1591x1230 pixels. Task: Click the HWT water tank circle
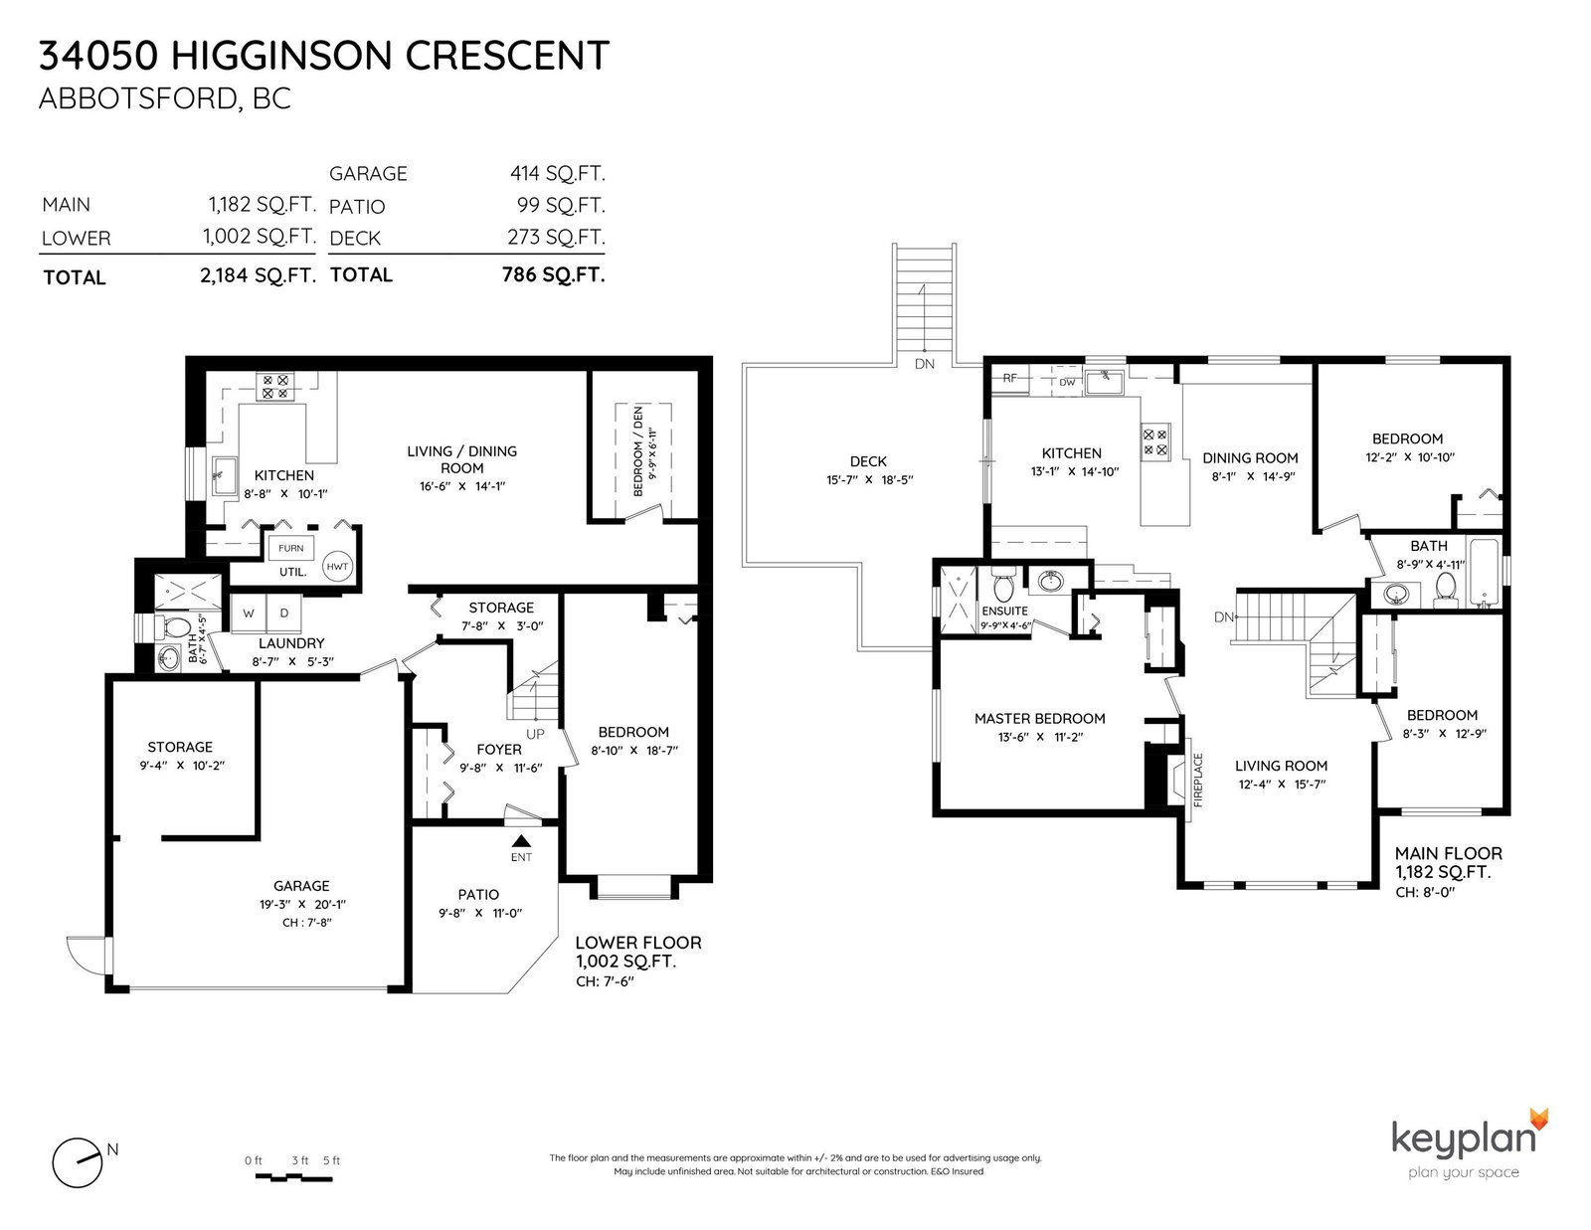[x=337, y=566]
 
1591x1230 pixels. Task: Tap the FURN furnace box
[x=290, y=548]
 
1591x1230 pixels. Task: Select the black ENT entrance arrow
[x=521, y=841]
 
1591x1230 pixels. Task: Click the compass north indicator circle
[x=77, y=1163]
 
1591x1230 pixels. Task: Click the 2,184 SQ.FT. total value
[x=258, y=275]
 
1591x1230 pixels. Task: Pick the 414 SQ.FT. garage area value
[x=558, y=174]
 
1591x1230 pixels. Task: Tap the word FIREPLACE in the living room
[x=1198, y=780]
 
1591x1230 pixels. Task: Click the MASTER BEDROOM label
[x=1040, y=718]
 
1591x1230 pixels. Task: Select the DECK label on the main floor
[x=868, y=461]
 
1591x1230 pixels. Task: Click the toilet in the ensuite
[x=1002, y=584]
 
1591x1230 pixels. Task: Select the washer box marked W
[x=249, y=614]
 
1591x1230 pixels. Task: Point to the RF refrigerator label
[x=1009, y=378]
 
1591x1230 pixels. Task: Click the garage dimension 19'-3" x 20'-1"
[x=302, y=904]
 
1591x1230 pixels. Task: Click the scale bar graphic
[x=293, y=1177]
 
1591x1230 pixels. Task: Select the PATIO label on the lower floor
[x=478, y=894]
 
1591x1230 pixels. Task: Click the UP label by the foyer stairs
[x=535, y=734]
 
